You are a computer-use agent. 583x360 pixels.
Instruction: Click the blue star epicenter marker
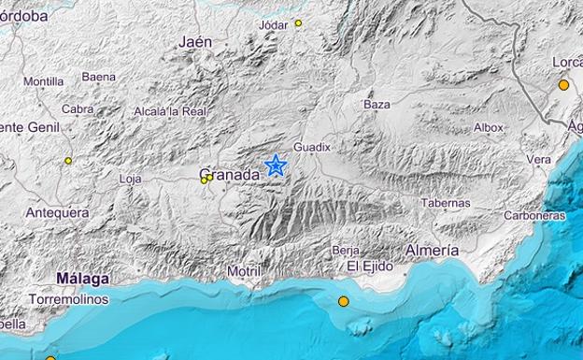[276, 166]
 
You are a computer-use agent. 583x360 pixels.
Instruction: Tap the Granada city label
[230, 174]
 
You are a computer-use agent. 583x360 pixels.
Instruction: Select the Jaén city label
[194, 41]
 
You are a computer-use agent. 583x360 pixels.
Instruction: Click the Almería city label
[432, 251]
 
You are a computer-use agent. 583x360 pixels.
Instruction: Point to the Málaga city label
[82, 278]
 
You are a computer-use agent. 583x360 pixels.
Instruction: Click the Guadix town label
[311, 147]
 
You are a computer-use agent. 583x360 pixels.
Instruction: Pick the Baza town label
[377, 104]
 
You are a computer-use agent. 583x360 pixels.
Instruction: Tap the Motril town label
[245, 271]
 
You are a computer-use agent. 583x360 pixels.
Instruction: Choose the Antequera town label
[57, 212]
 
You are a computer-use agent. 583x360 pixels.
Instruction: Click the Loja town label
[131, 178]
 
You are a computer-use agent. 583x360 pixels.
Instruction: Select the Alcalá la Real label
[169, 111]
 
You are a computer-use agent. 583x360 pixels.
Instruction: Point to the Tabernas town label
[445, 202]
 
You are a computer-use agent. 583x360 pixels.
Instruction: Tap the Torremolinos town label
[68, 299]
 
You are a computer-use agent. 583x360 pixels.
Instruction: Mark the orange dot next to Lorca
[563, 85]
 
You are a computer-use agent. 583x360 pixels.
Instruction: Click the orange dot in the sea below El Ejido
[343, 301]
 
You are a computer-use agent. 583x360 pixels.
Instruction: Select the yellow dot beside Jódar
[298, 22]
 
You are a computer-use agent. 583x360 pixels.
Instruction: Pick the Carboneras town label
[534, 215]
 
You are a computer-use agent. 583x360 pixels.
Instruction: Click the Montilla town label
[43, 81]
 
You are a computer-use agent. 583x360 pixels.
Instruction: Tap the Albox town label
[488, 127]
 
